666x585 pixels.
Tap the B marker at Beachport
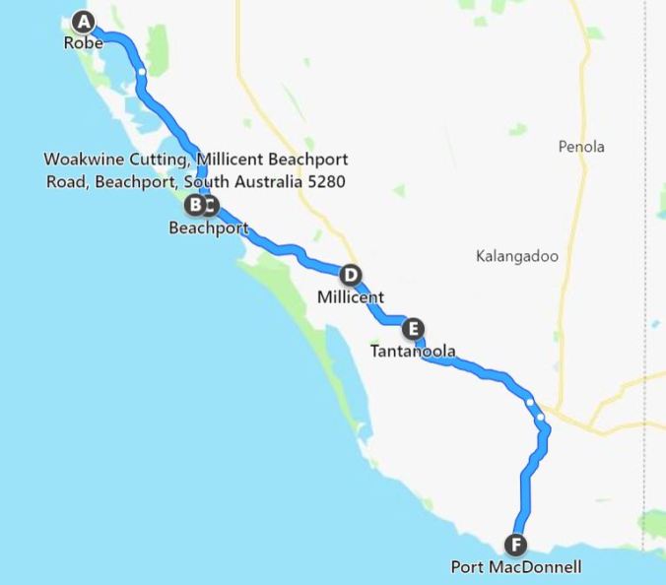tap(195, 205)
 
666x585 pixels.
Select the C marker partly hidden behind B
tap(211, 206)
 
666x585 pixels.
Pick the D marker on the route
tap(349, 275)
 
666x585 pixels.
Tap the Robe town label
tap(84, 43)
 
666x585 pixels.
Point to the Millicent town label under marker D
tap(350, 295)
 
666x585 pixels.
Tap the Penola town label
tap(581, 147)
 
